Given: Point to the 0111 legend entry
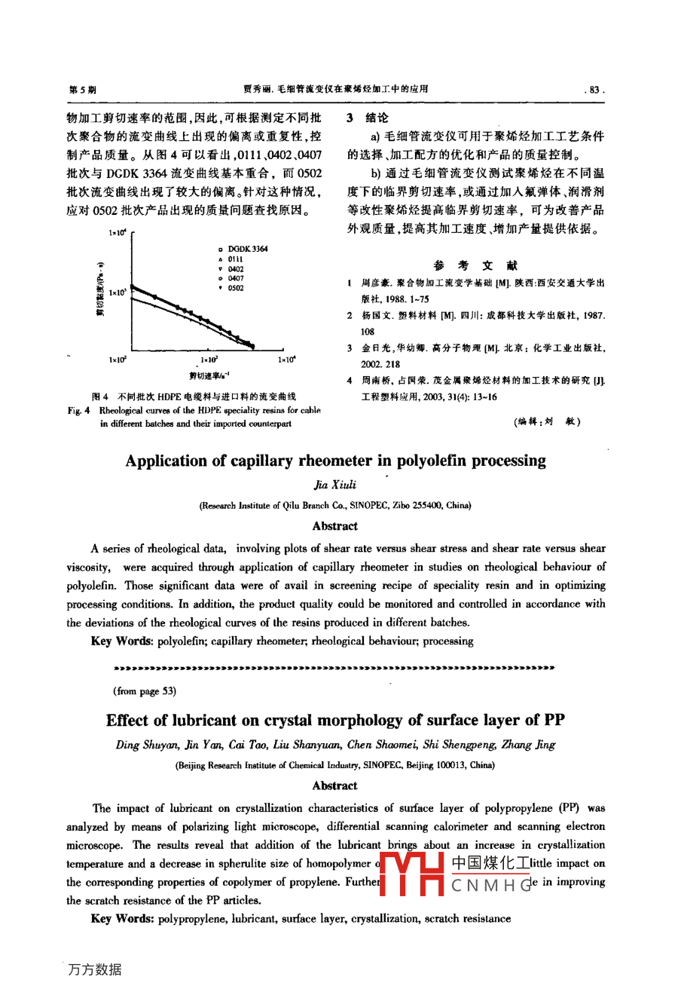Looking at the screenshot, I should coord(236,259).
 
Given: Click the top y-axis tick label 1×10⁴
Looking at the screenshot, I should coord(118,234).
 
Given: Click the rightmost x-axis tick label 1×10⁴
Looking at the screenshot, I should coord(287,360).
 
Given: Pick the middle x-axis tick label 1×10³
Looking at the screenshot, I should coord(209,360).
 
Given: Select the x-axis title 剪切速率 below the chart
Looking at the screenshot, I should coord(209,375).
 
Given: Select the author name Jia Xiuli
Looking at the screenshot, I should coord(335,485).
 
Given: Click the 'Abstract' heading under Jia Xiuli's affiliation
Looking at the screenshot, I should coord(335,526).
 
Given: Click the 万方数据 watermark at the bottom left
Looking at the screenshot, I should coord(95,969).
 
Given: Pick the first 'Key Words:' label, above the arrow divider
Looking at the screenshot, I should coord(122,641).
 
